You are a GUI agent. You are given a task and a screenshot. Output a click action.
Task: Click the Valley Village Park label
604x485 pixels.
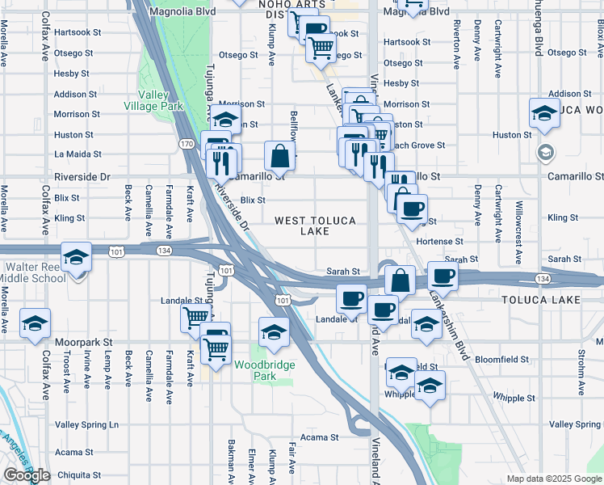tap(153, 99)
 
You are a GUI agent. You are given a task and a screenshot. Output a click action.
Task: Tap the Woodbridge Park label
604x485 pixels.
tap(265, 370)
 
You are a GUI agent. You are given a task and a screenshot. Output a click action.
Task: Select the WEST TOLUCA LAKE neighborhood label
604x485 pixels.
tap(314, 226)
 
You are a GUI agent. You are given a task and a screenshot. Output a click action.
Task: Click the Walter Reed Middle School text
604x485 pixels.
tap(36, 272)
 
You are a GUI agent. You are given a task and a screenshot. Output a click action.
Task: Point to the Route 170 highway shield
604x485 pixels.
tap(187, 144)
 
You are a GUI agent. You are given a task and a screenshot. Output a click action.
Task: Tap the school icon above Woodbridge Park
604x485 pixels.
tap(274, 332)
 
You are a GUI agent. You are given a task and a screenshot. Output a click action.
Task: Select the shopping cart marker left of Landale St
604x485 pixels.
tap(195, 318)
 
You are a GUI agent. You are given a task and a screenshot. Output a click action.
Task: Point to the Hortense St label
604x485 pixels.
tap(439, 241)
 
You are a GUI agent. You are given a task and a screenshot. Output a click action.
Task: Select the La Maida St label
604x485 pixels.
tap(75, 154)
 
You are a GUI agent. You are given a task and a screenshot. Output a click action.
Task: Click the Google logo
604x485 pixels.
tap(27, 475)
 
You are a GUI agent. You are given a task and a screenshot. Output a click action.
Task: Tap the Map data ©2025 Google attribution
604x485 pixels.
tap(553, 479)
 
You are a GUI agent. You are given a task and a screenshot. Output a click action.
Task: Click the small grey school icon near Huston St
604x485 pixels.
tap(546, 152)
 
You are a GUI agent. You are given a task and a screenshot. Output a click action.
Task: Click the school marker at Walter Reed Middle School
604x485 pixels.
tap(76, 257)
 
